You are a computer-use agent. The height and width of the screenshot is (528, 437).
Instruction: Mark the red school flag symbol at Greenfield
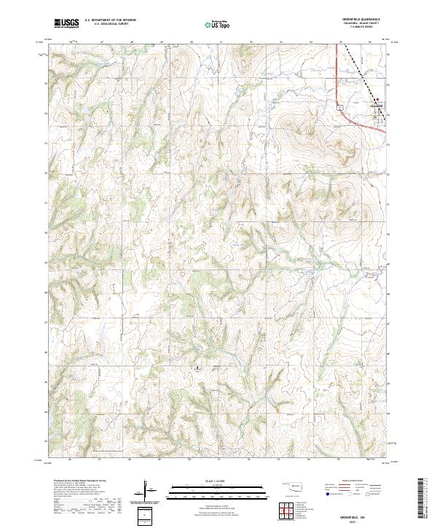click(377, 100)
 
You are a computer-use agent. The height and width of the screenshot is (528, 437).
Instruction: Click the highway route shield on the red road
click(340, 107)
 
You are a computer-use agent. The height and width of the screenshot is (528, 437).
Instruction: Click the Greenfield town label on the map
click(376, 105)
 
